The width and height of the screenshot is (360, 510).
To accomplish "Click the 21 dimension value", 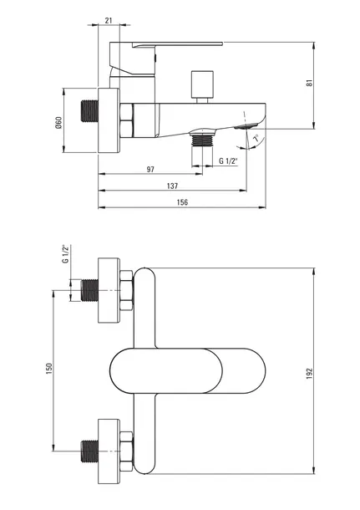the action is (x=109, y=20).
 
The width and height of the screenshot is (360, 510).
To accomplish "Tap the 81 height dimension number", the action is (x=310, y=83).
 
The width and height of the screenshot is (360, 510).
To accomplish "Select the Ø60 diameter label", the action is (x=58, y=122).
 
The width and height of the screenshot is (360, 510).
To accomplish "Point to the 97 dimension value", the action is (x=150, y=170).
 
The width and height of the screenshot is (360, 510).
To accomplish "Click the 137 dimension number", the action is (x=172, y=186).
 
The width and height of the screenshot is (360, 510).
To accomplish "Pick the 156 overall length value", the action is (x=182, y=202).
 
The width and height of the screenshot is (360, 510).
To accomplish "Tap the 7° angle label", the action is (x=256, y=138).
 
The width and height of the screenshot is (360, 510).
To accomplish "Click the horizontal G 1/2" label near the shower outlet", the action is (x=228, y=161).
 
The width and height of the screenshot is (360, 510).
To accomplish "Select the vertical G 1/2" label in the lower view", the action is (x=66, y=254).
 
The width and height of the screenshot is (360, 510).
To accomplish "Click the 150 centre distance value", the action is (x=49, y=369).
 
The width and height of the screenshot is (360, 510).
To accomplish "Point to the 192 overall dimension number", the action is (x=309, y=374).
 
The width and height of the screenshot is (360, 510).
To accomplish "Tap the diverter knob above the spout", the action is (x=202, y=86).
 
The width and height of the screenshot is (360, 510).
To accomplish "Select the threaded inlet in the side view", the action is (x=89, y=111).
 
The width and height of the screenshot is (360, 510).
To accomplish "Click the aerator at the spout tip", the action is (x=246, y=125).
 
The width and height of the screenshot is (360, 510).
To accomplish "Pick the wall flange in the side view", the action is (x=109, y=120).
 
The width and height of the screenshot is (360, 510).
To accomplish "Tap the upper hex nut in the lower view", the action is (x=126, y=290).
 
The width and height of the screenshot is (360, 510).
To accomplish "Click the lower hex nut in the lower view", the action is (x=126, y=451).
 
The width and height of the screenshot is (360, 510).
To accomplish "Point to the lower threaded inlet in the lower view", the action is (x=89, y=451).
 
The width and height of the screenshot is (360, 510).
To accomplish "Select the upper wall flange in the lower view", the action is (x=109, y=290).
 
